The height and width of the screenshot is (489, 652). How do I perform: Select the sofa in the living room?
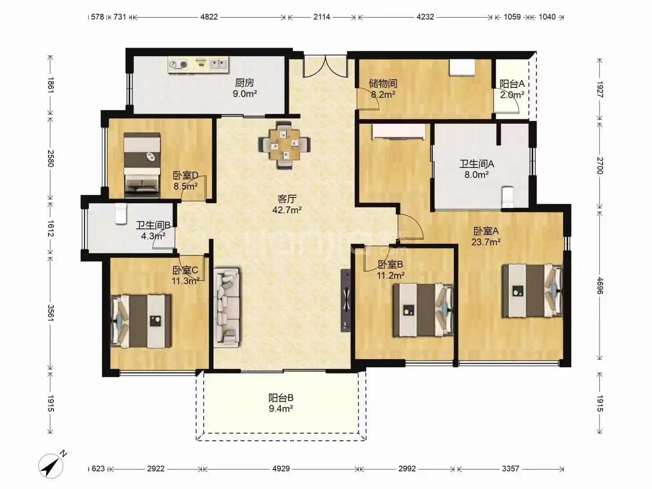pyautogui.click(x=227, y=307)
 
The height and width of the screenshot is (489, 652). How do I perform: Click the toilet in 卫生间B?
pyautogui.click(x=120, y=213)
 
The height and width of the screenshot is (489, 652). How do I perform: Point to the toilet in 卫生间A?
pyautogui.click(x=507, y=197)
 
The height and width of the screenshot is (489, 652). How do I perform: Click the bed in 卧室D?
pyautogui.click(x=142, y=165)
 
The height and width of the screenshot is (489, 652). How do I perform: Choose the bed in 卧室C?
pyautogui.click(x=141, y=321)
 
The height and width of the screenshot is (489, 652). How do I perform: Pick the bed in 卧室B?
pyautogui.click(x=423, y=310)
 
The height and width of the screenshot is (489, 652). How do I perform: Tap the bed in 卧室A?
pyautogui.click(x=532, y=291)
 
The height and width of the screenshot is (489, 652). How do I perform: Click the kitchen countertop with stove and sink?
pyautogui.click(x=199, y=65)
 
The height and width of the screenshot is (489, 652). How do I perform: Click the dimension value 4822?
pyautogui.click(x=209, y=17)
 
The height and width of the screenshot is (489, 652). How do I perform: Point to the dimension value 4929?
pyautogui.click(x=281, y=469)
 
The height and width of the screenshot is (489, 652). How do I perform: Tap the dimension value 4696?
pyautogui.click(x=600, y=286)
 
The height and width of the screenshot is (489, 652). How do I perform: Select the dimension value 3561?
pyautogui.click(x=50, y=312)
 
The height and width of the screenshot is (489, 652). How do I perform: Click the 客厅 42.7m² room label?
pyautogui.click(x=287, y=204)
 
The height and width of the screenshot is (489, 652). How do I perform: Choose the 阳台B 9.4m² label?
pyautogui.click(x=281, y=403)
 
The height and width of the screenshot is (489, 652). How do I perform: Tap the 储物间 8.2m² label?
pyautogui.click(x=383, y=89)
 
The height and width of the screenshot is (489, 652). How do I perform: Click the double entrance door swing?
pyautogui.click(x=326, y=67)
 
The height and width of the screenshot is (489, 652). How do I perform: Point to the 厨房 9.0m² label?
pyautogui.click(x=245, y=88)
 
